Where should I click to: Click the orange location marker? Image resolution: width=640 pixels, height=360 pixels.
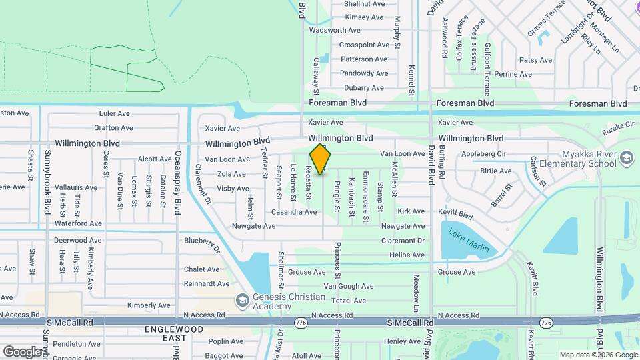point(321,159)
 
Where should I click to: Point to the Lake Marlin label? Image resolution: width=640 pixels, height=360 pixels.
point(468,241)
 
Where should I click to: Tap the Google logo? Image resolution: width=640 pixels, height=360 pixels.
point(22,351)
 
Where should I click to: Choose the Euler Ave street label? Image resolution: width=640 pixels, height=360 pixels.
point(114,113)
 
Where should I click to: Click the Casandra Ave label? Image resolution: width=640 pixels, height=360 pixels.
point(293,212)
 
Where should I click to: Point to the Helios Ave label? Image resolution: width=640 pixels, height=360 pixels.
point(407,255)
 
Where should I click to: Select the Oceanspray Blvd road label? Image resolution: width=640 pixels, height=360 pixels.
point(178,182)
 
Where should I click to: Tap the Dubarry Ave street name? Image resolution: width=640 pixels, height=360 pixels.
point(363,88)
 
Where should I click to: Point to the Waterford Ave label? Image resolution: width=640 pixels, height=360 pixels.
point(78,223)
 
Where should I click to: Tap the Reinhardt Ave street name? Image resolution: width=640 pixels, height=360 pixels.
point(207,284)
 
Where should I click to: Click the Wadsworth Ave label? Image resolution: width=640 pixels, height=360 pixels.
point(335,30)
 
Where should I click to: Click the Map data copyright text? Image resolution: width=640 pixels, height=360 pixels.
point(597,355)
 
